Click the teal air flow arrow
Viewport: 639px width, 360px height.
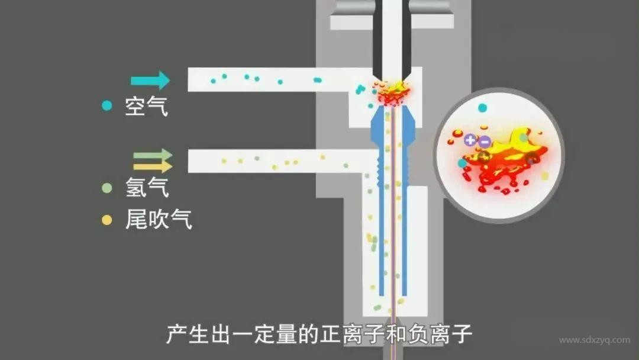[150, 80]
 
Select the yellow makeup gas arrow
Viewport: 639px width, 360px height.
[152, 166]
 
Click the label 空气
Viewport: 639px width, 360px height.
[146, 107]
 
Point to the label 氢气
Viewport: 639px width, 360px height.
[147, 188]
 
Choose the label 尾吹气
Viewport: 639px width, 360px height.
[158, 220]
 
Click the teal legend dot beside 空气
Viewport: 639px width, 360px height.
[106, 106]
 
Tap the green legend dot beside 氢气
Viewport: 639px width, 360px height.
[106, 188]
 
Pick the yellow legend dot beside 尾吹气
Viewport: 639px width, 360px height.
[106, 220]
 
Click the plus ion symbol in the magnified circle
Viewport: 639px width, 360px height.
[470, 140]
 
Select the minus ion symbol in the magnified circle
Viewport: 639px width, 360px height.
[484, 142]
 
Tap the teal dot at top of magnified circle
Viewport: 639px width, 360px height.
[482, 108]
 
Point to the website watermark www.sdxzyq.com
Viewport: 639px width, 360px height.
[594, 340]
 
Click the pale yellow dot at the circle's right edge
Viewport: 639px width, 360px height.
[544, 176]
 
